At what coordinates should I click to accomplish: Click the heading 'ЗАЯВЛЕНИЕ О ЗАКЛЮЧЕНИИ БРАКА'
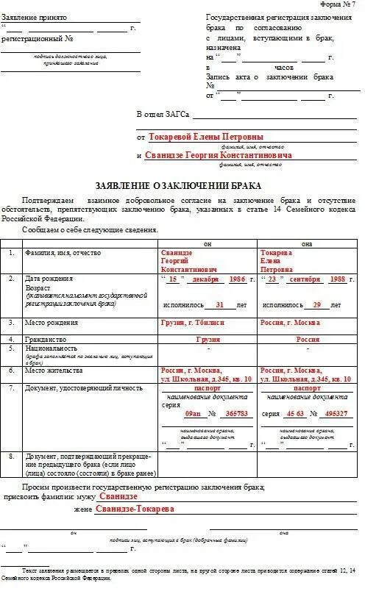click(178, 185)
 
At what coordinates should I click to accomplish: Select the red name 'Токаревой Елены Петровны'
click(205, 137)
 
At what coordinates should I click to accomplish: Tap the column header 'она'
click(306, 243)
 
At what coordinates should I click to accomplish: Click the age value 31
click(219, 304)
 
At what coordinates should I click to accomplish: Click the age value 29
click(316, 304)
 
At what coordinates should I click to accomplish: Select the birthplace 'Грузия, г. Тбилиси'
click(192, 323)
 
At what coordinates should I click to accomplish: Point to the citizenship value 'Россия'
click(308, 340)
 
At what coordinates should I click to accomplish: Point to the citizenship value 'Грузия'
click(208, 340)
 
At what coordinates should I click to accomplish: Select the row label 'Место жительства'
click(52, 370)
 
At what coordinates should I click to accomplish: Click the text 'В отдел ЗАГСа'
click(163, 115)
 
